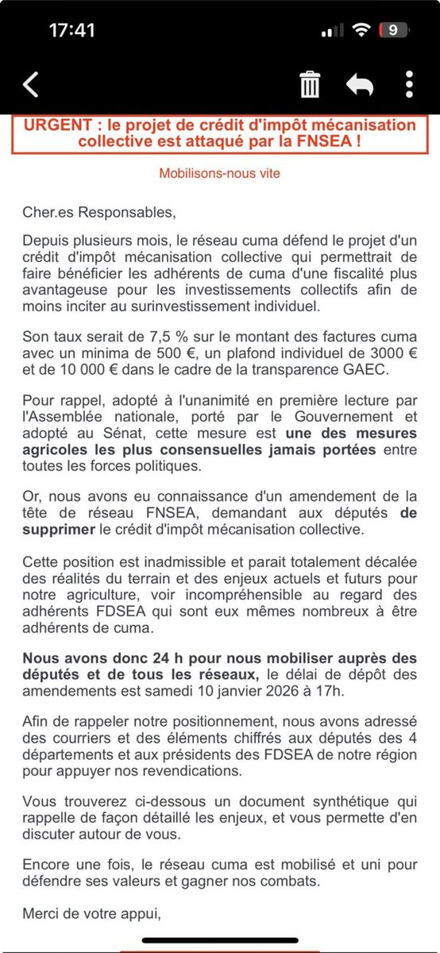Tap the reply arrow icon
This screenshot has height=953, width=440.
pyautogui.click(x=360, y=84)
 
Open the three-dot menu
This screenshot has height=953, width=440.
pyautogui.click(x=409, y=84)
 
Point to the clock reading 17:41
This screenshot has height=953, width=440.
pyautogui.click(x=72, y=30)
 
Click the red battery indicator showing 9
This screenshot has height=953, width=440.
pyautogui.click(x=393, y=30)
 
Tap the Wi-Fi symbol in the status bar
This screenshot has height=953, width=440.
pyautogui.click(x=363, y=30)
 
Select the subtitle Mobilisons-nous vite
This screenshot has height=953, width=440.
pyautogui.click(x=220, y=172)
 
